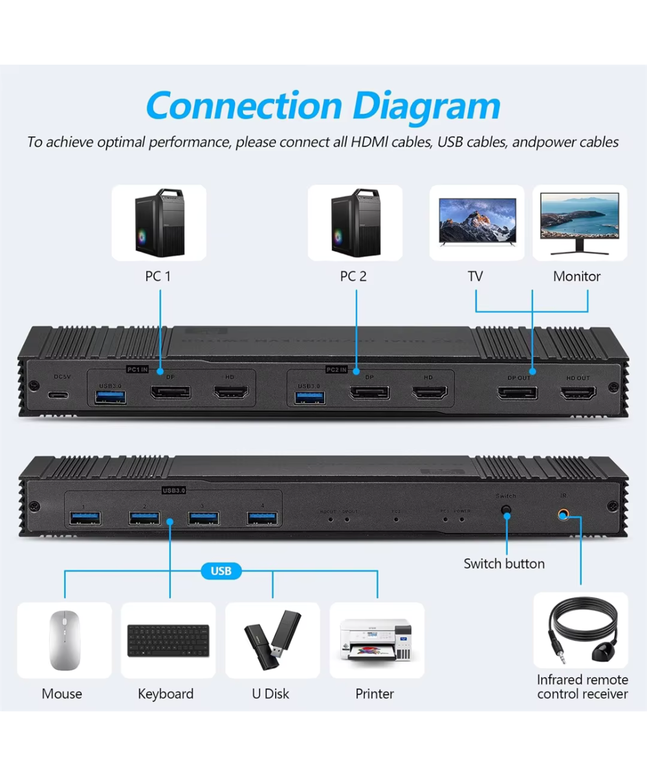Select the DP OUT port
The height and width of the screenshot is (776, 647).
coord(517,393)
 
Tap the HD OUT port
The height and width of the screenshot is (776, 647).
coord(577,393)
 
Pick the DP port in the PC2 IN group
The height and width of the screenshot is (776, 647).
coord(369,393)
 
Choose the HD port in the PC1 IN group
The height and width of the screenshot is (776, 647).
coord(232,393)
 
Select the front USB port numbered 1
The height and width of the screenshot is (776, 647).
coord(85,517)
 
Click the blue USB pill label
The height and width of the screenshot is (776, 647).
coord(221,571)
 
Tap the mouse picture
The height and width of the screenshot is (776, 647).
coord(63,640)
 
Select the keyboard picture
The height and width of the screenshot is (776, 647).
coord(168,640)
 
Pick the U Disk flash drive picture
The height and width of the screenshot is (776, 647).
coord(272,640)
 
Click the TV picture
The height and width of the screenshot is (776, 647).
coord(477,222)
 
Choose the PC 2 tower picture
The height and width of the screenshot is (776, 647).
coord(355,222)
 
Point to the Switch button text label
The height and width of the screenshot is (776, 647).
coord(504,563)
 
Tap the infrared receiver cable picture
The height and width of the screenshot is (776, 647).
coord(580,630)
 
